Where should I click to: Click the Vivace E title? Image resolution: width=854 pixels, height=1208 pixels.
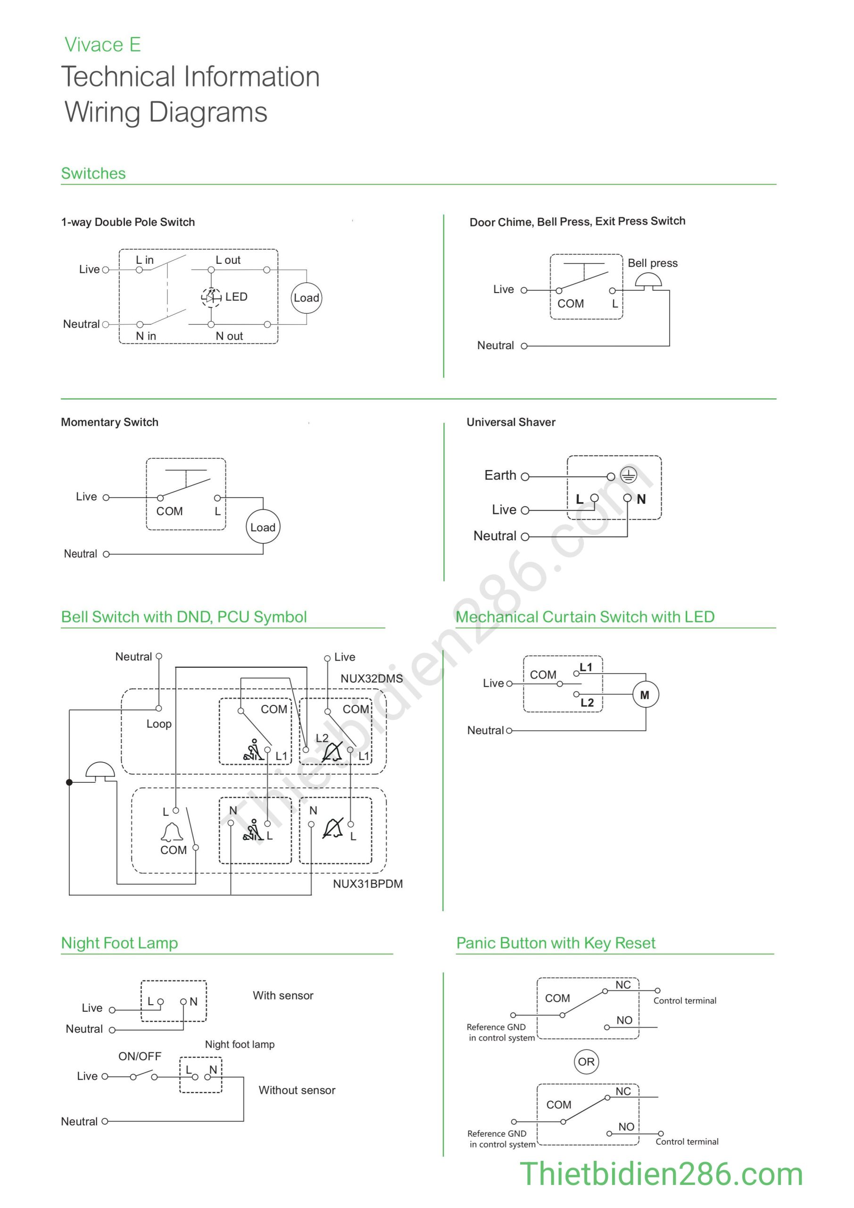tap(102, 45)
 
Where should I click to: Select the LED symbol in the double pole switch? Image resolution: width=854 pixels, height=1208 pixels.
tap(211, 297)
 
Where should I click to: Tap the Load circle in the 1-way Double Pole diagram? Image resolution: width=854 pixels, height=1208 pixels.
tap(307, 298)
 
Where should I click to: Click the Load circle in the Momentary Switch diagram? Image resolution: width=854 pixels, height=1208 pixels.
tap(263, 527)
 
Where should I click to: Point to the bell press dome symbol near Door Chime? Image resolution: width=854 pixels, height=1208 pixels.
tap(648, 280)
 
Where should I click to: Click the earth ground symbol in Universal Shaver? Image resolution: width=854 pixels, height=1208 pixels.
tap(629, 475)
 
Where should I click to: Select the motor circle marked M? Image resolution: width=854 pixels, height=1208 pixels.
tap(645, 695)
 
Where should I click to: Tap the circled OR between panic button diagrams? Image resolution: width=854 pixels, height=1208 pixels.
tap(586, 1062)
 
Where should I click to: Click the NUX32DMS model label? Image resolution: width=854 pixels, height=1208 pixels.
tap(371, 679)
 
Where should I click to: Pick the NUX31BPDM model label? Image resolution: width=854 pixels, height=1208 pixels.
tap(367, 884)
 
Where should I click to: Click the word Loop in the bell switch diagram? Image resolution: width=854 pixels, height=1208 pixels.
tap(159, 724)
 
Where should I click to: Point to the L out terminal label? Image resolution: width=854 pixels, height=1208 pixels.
tap(228, 260)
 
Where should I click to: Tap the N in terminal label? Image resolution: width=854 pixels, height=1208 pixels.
tap(146, 336)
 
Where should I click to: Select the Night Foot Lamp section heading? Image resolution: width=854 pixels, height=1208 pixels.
tap(119, 943)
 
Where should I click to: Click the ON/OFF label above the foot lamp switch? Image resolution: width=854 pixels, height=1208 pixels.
tap(140, 1056)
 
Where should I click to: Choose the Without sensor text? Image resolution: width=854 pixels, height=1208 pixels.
tap(297, 1090)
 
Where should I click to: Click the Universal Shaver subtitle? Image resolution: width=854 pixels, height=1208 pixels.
tap(511, 422)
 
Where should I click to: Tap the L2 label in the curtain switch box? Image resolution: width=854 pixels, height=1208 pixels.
tap(587, 703)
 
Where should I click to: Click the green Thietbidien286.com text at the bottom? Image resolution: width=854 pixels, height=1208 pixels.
tap(661, 1175)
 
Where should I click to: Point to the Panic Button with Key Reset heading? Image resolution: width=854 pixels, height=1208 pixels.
tap(556, 943)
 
